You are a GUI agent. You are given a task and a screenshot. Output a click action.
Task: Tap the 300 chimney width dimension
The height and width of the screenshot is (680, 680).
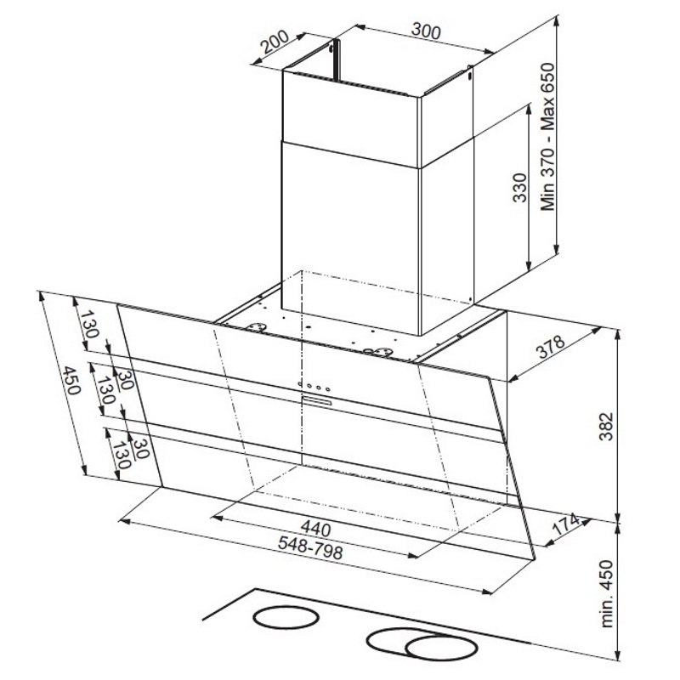[x=426, y=31]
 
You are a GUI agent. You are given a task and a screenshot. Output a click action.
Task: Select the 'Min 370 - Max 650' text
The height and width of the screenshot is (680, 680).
[x=548, y=137]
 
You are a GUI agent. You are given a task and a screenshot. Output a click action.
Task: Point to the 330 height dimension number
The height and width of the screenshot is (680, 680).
[x=520, y=187]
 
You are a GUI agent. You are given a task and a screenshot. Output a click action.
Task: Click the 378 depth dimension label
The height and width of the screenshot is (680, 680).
[x=552, y=347]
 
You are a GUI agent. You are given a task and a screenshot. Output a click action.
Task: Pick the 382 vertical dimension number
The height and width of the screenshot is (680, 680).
[x=606, y=427]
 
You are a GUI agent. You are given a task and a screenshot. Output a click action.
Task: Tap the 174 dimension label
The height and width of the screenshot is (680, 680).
[x=566, y=524]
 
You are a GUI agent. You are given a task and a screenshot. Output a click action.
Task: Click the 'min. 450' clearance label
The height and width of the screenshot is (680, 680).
[x=608, y=593]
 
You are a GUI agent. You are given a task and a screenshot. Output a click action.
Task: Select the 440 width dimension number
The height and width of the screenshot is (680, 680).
[x=315, y=528]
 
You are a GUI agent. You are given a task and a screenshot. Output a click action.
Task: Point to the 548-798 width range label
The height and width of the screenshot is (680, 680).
[x=310, y=547]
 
